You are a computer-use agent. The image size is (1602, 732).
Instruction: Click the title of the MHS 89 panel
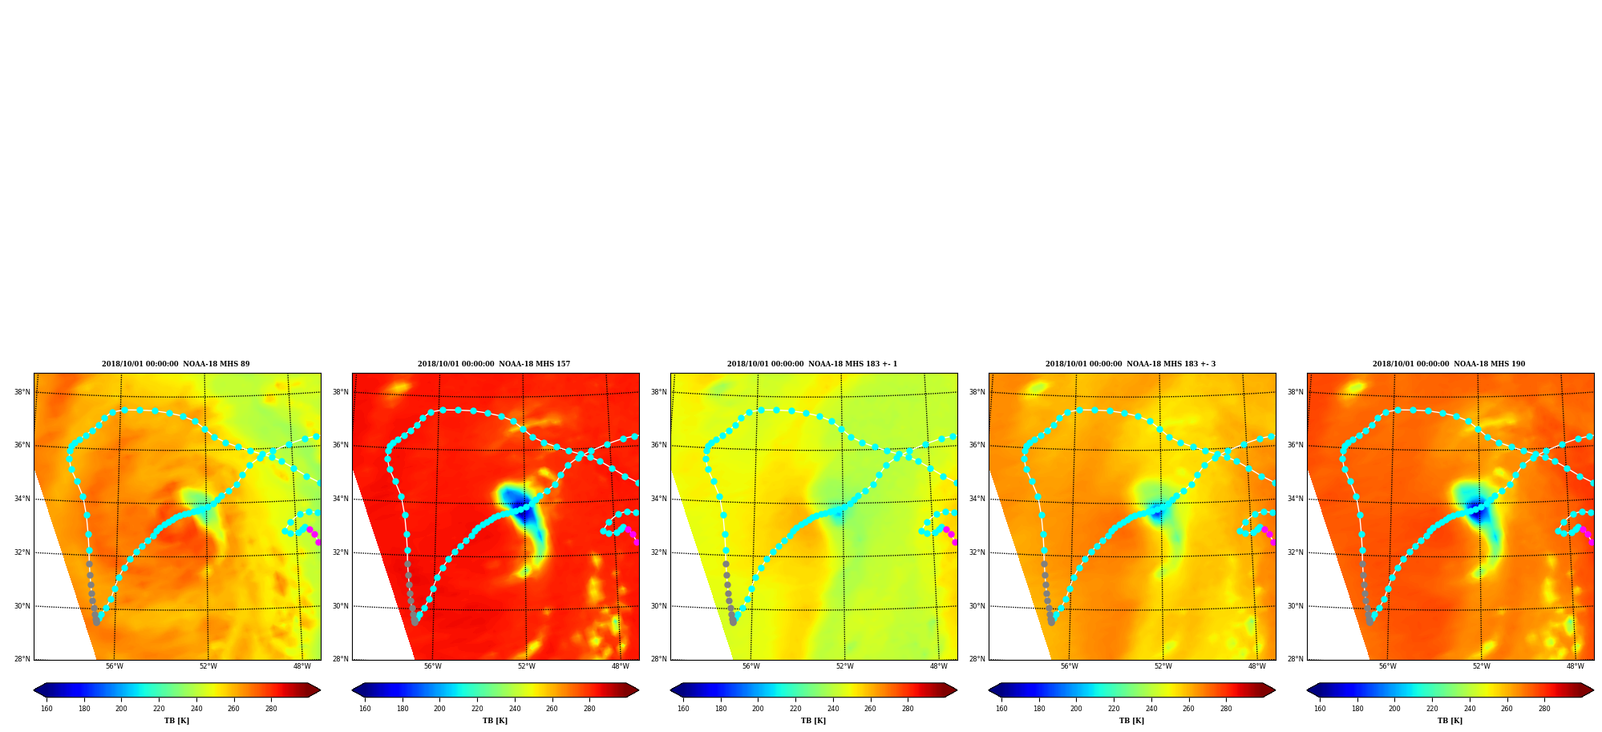176,364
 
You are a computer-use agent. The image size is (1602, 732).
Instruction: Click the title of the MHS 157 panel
494,364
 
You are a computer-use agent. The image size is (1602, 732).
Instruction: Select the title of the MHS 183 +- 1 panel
812,364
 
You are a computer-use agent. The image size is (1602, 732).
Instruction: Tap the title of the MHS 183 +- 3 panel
1131,364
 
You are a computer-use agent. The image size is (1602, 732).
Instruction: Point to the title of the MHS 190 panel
1449,364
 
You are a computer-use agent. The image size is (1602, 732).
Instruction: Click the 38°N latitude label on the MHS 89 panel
22,392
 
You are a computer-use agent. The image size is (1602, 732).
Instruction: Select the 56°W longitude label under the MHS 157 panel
433,666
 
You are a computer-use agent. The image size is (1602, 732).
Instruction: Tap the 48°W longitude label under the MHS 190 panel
1576,666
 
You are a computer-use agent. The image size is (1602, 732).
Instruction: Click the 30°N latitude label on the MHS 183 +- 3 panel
977,606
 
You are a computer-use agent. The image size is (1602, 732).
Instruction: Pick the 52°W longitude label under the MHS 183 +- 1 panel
845,666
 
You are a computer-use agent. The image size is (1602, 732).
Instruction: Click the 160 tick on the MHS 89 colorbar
47,709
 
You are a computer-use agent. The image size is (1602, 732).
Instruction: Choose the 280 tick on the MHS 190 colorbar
1544,709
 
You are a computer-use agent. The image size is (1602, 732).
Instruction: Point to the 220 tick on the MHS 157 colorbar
477,709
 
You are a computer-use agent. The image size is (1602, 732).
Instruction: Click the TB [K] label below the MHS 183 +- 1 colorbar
814,721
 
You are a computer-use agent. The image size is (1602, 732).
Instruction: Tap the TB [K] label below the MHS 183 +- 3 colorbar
1132,721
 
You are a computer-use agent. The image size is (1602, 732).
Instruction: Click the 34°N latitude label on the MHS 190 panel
1296,499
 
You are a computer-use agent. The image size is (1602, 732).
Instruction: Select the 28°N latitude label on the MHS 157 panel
341,659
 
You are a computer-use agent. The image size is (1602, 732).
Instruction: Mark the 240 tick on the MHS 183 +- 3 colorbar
1151,709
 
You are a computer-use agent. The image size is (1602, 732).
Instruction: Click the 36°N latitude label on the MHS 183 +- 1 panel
659,445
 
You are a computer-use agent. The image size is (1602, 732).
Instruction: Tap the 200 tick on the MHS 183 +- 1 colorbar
758,709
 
